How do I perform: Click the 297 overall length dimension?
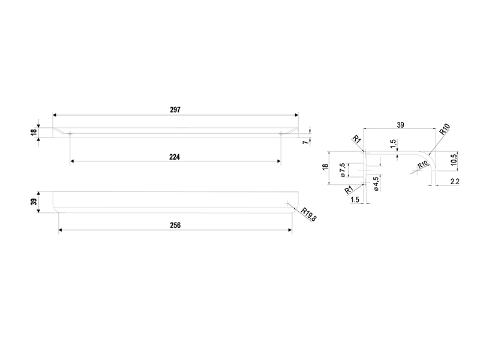point(175,110)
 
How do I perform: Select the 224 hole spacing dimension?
point(175,157)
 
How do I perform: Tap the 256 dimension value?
point(175,226)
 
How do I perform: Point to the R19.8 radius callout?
point(308,214)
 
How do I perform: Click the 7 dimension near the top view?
point(306,142)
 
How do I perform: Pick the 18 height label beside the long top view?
point(34,132)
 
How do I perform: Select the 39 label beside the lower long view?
point(34,202)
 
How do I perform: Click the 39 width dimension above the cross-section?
point(400,125)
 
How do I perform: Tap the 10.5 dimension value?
point(454,160)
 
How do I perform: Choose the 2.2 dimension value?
point(455,182)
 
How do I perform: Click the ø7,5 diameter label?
point(343,170)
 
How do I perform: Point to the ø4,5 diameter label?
point(376,184)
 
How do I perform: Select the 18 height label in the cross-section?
point(325,167)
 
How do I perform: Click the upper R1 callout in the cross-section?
point(356,139)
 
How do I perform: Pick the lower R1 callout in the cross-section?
point(349,190)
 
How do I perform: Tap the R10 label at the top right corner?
point(445,129)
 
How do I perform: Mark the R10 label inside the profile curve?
point(423,164)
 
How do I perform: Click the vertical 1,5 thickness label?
point(394,144)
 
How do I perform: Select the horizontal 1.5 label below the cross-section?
point(355,200)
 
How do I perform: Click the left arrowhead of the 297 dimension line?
point(55,115)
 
